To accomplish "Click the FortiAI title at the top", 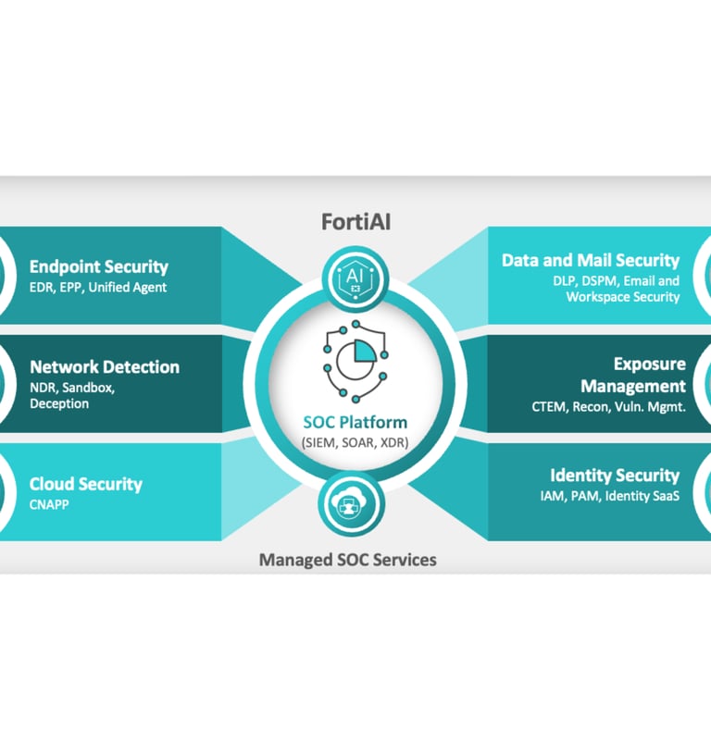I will click(355, 222).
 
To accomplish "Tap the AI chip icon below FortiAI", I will click(355, 277).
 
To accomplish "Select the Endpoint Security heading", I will click(99, 266).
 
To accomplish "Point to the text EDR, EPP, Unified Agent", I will click(98, 287).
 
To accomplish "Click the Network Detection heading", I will click(105, 366).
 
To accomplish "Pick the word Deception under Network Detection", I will click(59, 403).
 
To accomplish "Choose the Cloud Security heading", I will click(86, 484).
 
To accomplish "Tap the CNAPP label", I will click(50, 505).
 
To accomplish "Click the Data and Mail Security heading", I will click(591, 260).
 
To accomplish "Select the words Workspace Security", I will click(623, 297).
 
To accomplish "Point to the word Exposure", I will click(649, 364).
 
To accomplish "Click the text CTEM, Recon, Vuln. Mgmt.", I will click(608, 406).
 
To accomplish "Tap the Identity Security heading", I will click(615, 476).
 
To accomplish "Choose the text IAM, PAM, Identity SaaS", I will click(610, 497).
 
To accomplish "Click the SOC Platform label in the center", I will click(355, 422).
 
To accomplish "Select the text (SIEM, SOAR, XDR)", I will click(355, 442).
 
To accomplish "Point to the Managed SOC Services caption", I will click(347, 560).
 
